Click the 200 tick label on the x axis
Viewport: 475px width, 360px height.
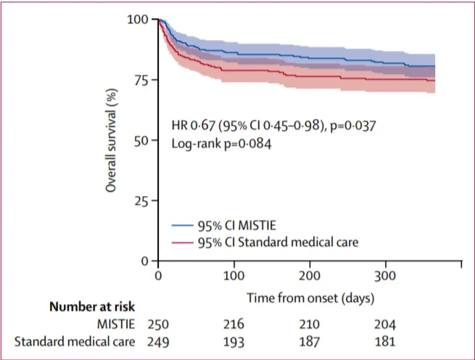[309, 277]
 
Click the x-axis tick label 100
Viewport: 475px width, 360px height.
[234, 277]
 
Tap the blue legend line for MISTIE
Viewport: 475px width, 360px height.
[183, 225]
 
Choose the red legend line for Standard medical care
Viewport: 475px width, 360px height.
[183, 241]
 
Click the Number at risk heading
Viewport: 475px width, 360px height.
[92, 307]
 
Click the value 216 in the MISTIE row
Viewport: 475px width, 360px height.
[234, 323]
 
